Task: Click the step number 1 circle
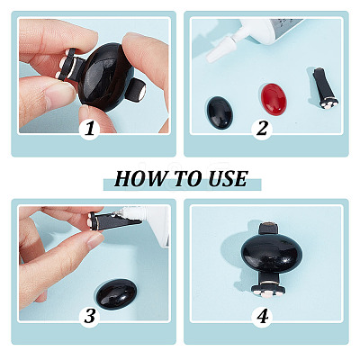pos(89,130)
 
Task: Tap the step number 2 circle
pos(262,130)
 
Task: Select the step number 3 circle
pos(89,316)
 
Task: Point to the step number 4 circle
pos(263,316)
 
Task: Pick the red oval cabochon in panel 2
pos(273,99)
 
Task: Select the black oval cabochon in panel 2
pos(220,112)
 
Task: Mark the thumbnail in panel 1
pos(60,96)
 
